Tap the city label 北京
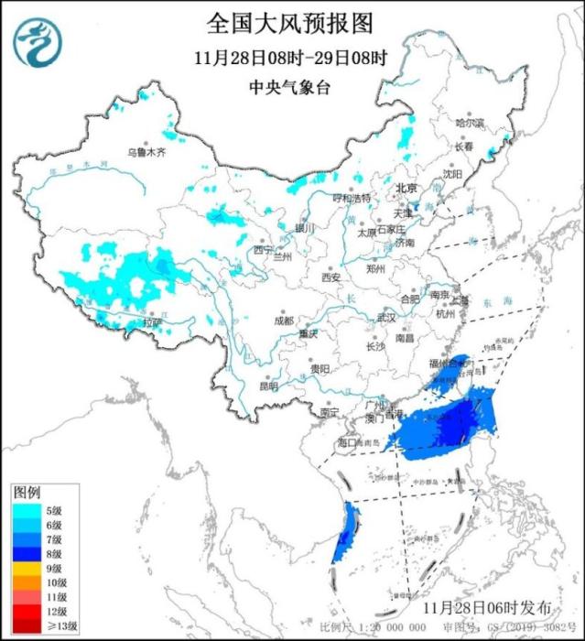point(405,188)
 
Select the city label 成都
point(283,320)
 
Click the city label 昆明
point(267,386)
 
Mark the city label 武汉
point(385,318)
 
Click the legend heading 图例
point(26,493)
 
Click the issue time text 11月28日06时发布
point(488,607)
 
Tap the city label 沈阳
point(452,172)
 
